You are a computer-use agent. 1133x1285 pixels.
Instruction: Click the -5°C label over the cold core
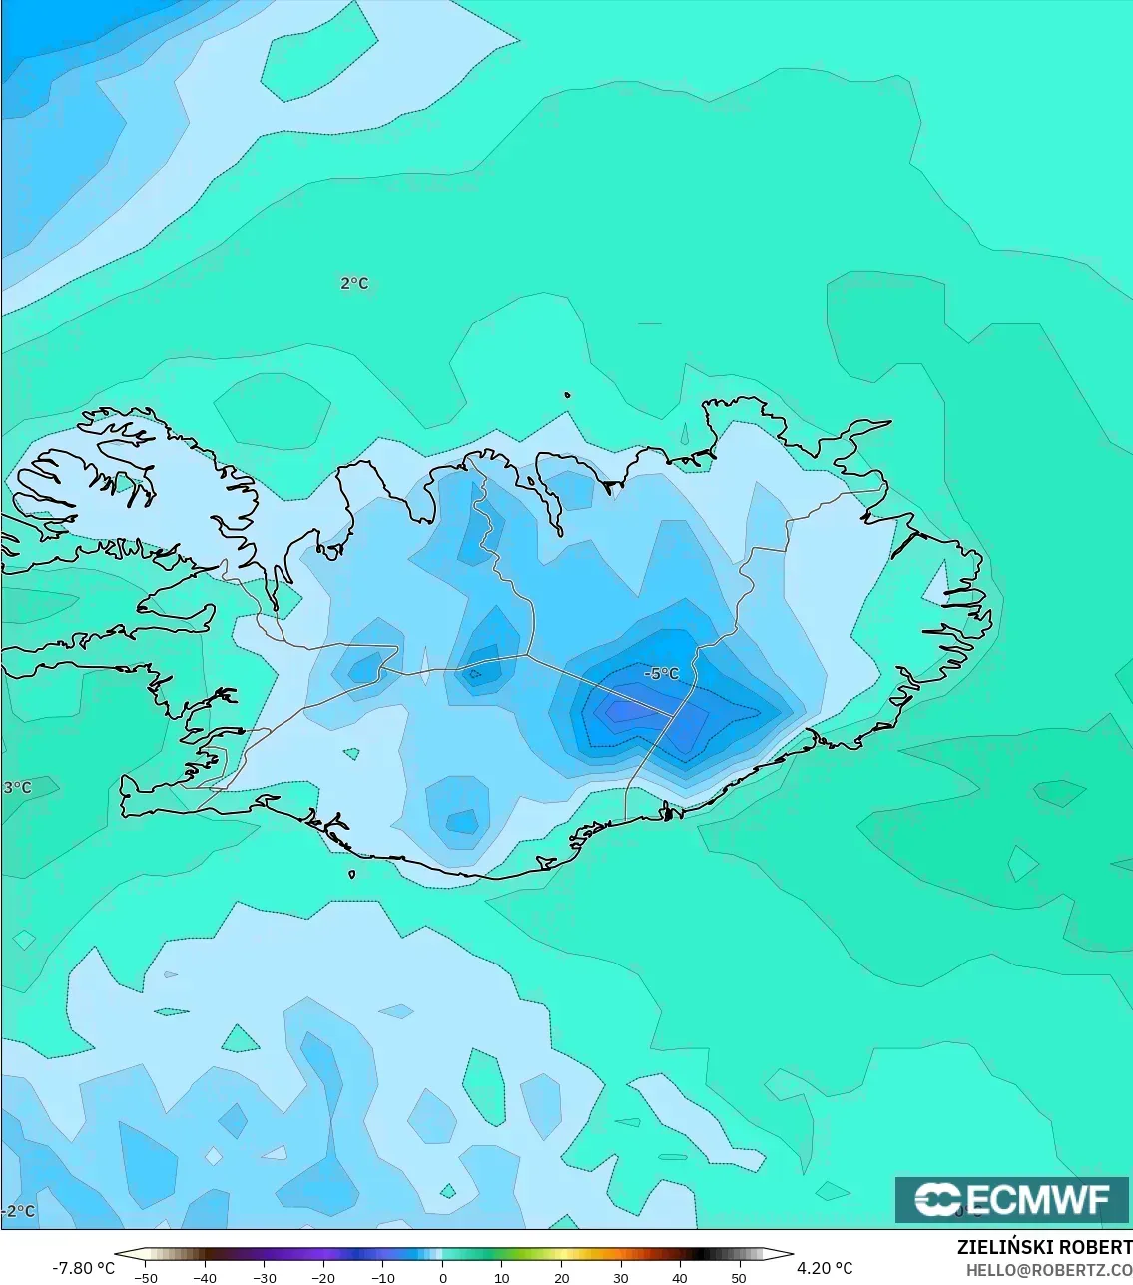click(661, 674)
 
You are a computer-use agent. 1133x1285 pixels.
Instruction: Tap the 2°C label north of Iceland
click(354, 283)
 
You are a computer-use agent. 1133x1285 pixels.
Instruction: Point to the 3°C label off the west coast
click(18, 787)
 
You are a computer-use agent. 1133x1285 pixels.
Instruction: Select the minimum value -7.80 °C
click(84, 1268)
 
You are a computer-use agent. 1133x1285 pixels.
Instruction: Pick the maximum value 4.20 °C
click(825, 1268)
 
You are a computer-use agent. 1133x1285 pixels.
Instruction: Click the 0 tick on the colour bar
click(442, 1277)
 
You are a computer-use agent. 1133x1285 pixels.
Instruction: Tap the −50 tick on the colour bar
click(146, 1277)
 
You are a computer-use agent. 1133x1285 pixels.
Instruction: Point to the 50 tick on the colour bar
click(738, 1277)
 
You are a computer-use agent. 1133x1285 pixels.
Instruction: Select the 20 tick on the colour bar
click(561, 1277)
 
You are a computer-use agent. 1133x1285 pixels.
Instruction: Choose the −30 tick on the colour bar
click(265, 1277)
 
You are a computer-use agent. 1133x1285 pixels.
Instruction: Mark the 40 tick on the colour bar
click(680, 1277)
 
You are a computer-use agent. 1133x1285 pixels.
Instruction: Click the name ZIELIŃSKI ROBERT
click(1044, 1247)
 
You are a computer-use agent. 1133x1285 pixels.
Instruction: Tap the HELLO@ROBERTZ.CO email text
click(1048, 1269)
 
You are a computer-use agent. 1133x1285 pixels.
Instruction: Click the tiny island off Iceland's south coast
click(352, 875)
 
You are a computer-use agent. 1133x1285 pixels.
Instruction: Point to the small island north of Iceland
click(567, 395)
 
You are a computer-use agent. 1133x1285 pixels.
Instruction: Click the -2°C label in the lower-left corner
click(18, 1211)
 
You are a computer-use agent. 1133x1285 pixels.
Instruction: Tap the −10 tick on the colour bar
click(383, 1277)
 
